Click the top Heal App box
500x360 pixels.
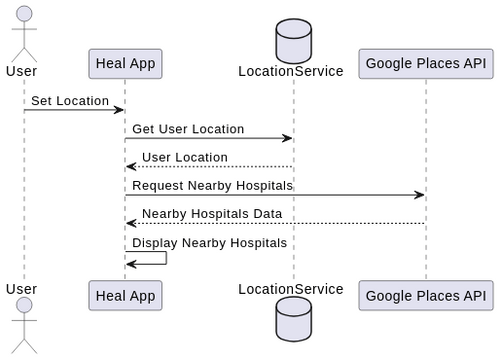point(125,64)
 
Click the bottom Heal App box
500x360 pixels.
point(125,295)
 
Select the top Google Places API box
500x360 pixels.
point(425,64)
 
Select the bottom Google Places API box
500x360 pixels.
point(425,295)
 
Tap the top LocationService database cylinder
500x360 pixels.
point(294,38)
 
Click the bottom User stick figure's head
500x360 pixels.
point(22,306)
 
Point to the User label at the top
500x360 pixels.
point(22,71)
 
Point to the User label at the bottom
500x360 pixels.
point(22,289)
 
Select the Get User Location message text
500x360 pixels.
point(188,129)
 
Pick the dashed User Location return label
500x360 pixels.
point(184,157)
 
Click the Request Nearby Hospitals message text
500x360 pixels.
point(212,186)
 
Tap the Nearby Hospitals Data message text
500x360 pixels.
point(211,214)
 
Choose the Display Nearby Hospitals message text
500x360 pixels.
point(209,243)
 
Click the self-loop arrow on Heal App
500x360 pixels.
point(156,258)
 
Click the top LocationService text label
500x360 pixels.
point(290,71)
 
